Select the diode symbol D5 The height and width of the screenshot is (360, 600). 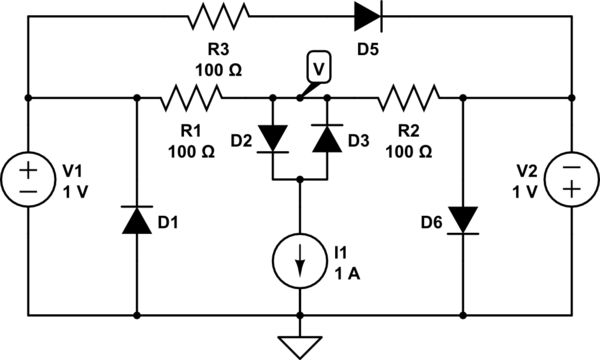[366, 17]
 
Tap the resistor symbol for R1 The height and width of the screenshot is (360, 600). [191, 97]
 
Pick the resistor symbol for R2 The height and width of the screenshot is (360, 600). [408, 97]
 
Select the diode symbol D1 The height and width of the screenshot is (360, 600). [136, 220]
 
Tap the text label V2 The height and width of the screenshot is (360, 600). [525, 169]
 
